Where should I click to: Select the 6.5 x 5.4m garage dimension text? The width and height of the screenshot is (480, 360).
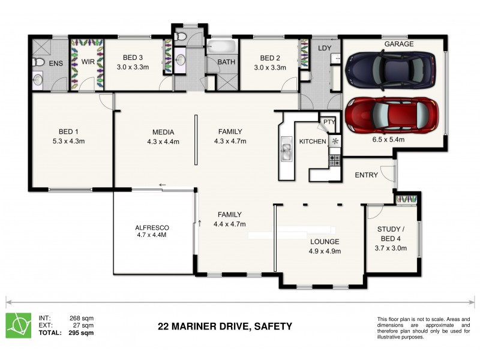(388, 140)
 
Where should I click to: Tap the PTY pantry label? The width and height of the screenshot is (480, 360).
(329, 122)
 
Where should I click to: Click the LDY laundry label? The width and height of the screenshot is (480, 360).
(325, 47)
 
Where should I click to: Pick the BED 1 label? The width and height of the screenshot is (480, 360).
(68, 131)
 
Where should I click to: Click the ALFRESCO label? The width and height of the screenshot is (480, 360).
(152, 228)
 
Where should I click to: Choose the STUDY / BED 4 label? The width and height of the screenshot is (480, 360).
(391, 233)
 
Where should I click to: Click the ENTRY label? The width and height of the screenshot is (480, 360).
(367, 175)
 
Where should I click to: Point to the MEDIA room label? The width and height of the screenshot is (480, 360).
(163, 132)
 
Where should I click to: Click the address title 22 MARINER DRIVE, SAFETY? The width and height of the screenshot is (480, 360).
(224, 326)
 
